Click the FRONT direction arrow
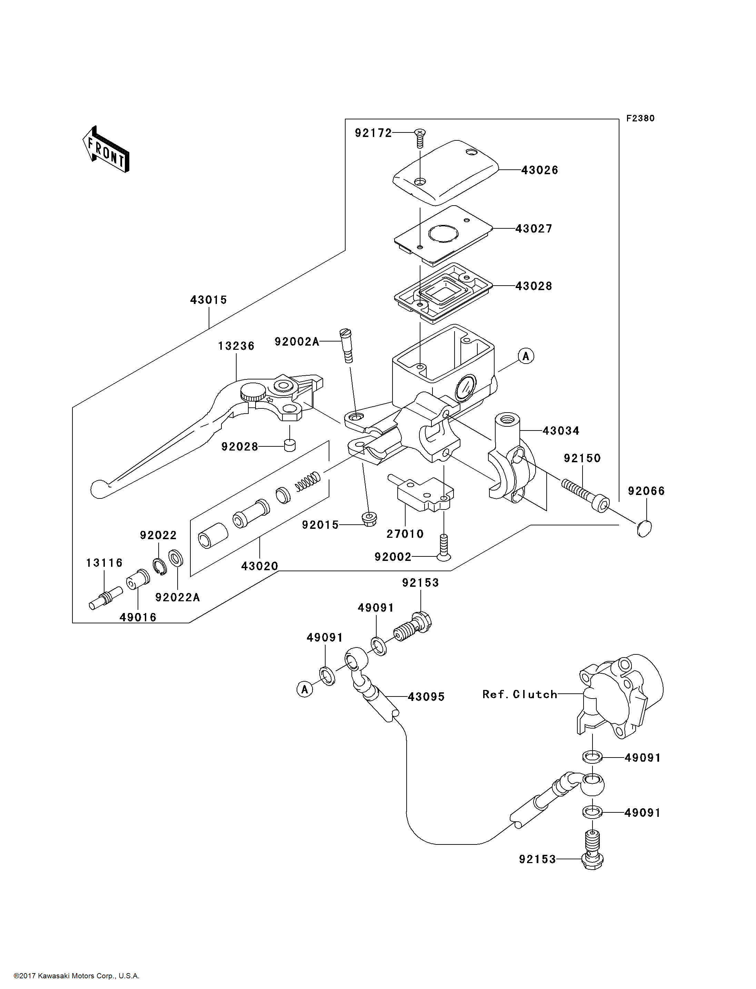click(106, 149)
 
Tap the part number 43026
click(539, 170)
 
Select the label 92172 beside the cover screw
click(374, 133)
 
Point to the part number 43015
click(208, 300)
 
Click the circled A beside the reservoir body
click(526, 356)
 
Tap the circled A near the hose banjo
click(305, 689)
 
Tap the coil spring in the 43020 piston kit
click(308, 481)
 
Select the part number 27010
click(405, 534)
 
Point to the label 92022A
click(177, 597)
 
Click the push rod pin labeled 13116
click(106, 599)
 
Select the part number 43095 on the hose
click(426, 697)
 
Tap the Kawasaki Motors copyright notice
click(77, 976)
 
